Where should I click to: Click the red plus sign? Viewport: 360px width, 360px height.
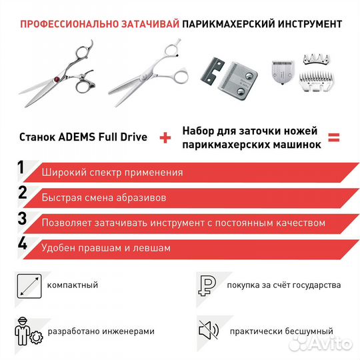tap(164, 139)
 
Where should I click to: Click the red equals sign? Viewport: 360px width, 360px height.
tap(333, 139)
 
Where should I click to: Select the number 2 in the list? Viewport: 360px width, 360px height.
tap(22, 194)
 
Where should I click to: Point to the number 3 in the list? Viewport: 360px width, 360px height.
tap(22, 219)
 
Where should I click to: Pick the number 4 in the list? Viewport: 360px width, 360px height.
tap(22, 245)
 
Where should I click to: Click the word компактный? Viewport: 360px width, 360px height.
tap(72, 285)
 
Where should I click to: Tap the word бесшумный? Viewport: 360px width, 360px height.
tap(310, 331)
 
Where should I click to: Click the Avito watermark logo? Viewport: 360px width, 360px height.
tap(327, 343)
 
